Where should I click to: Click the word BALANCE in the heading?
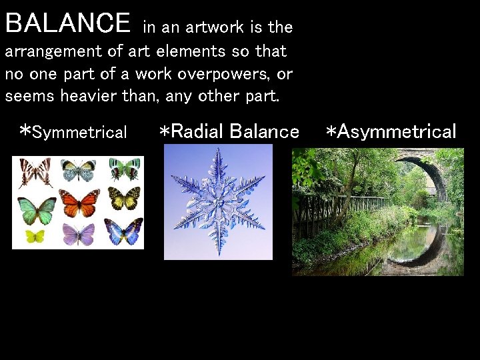pos(68,23)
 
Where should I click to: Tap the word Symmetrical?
pos(79,132)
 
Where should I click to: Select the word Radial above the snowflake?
pos(197,131)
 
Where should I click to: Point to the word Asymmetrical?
pos(397,131)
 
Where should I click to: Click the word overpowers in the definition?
pos(217,73)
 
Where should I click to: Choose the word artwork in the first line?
pos(215,27)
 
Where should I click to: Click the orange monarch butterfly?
pos(79,203)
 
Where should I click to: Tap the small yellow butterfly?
pos(34,235)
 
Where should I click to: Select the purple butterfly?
pos(79,233)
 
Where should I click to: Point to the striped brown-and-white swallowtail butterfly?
pos(34,171)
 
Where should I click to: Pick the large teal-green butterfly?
pos(37,211)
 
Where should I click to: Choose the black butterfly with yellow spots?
pos(124,198)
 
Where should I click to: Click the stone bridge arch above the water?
pos(427,167)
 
